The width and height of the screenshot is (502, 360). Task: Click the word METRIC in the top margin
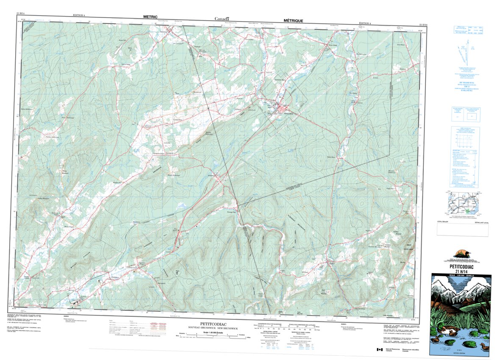click(150, 17)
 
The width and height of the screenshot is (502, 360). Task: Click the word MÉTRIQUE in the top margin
click(290, 20)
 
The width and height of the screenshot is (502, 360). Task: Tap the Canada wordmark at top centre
click(222, 19)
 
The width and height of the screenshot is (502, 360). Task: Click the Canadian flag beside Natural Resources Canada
click(379, 349)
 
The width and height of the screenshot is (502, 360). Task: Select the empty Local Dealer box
click(462, 230)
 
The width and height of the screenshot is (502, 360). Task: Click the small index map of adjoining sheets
click(463, 202)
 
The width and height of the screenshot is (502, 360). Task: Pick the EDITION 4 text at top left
click(79, 15)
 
